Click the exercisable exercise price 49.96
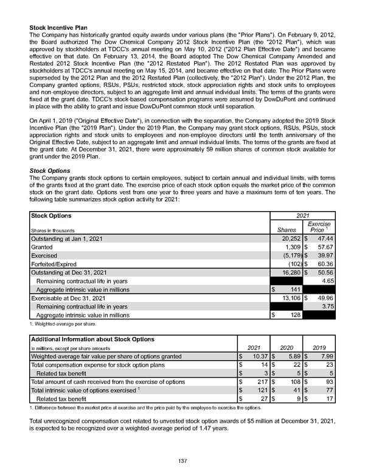click(x=324, y=299)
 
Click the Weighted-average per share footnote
click(x=63, y=324)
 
